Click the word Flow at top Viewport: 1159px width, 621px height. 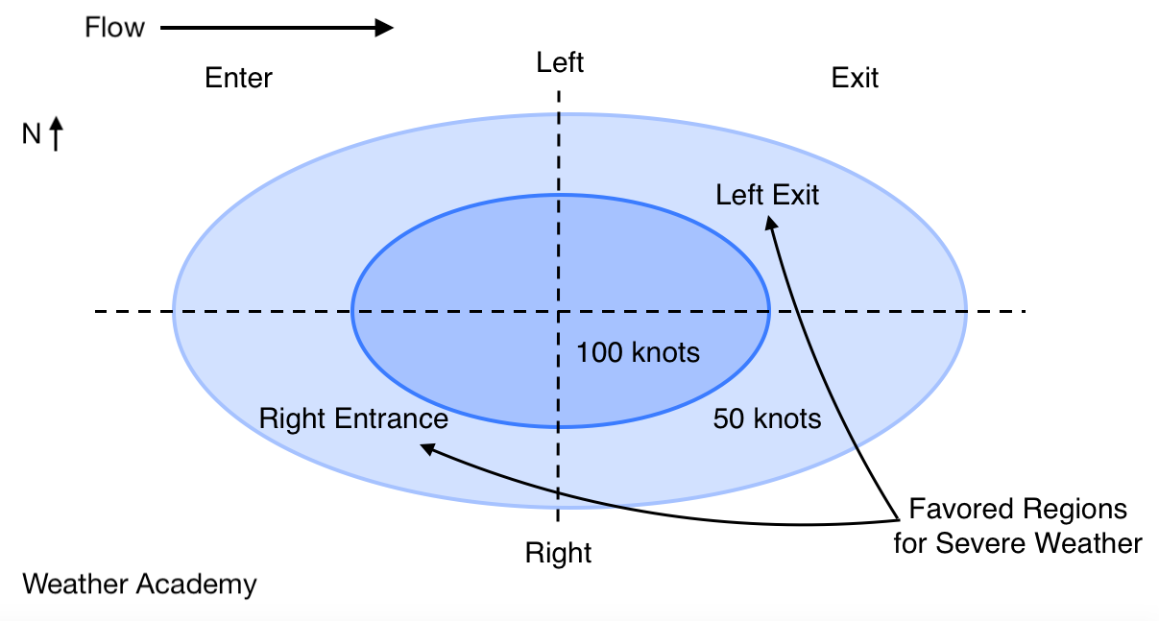pyautogui.click(x=114, y=27)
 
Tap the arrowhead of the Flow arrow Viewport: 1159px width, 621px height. pyautogui.click(x=384, y=27)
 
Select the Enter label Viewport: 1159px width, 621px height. pyautogui.click(x=238, y=78)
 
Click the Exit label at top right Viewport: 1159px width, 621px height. pyautogui.click(x=855, y=78)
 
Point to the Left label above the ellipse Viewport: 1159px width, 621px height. pyautogui.click(x=560, y=63)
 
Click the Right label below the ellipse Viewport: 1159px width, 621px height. pyautogui.click(x=558, y=554)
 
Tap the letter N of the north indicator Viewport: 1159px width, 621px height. pyautogui.click(x=32, y=135)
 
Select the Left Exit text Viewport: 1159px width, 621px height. pyautogui.click(x=767, y=195)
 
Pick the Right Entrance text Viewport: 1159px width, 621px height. pyautogui.click(x=353, y=419)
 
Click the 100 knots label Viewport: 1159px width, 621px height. pyautogui.click(x=638, y=353)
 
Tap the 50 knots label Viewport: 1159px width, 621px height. pyautogui.click(x=767, y=419)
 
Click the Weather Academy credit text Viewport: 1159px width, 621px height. pyautogui.click(x=139, y=584)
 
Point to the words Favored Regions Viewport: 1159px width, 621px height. pyautogui.click(x=1017, y=508)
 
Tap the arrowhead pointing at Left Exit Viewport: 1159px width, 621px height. pyautogui.click(x=771, y=223)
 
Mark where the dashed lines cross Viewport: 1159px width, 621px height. pyautogui.click(x=558, y=311)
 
